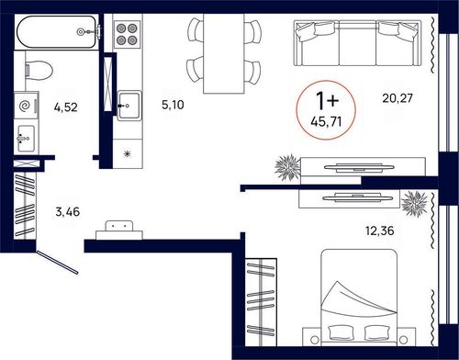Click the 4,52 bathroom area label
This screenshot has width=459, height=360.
[66, 107]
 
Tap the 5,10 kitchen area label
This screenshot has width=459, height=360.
[173, 105]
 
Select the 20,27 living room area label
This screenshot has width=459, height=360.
[397, 98]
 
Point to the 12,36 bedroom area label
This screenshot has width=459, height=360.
[380, 231]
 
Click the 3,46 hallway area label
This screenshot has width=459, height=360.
[68, 211]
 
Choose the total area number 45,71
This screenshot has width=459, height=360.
[326, 122]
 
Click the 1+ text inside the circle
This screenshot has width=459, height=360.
[327, 101]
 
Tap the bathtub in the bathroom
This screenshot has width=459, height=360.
[58, 32]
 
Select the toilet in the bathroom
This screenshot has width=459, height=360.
[39, 70]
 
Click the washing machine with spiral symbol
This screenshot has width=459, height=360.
[27, 106]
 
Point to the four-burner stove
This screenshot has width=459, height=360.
[127, 34]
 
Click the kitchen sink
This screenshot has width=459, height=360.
[129, 106]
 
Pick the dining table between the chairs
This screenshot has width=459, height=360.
[224, 53]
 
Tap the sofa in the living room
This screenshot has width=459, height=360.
[357, 43]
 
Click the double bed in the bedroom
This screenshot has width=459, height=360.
[359, 296]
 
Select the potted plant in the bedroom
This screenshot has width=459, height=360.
[415, 204]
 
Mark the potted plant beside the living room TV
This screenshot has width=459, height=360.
[287, 167]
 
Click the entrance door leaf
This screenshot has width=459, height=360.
[57, 263]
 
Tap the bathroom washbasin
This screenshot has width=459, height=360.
[26, 139]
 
